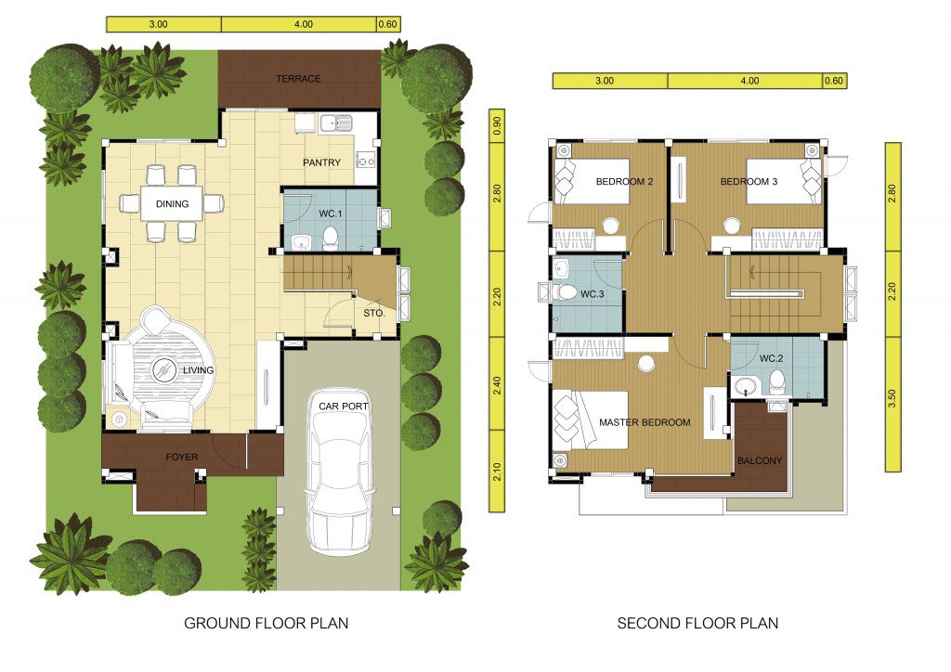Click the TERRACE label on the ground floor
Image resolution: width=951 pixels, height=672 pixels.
click(298, 79)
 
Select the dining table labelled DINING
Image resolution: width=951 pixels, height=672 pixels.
click(172, 203)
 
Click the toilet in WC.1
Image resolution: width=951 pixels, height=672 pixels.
click(331, 239)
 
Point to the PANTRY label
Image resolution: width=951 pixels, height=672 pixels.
click(321, 162)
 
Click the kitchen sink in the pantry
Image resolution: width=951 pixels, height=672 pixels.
click(335, 123)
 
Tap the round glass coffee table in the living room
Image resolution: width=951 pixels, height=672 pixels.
click(163, 369)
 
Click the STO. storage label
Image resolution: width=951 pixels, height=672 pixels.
click(373, 314)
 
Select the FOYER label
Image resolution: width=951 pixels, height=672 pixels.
click(181, 457)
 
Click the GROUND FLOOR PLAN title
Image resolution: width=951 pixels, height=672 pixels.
click(267, 623)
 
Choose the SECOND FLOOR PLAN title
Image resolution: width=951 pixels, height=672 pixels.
click(697, 623)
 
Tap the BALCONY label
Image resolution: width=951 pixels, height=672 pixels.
click(760, 460)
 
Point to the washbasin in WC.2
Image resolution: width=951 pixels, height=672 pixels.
click(747, 386)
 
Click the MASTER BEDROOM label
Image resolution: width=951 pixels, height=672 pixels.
click(645, 422)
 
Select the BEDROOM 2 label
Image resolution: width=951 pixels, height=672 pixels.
click(624, 181)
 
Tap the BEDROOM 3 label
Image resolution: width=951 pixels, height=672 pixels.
click(749, 181)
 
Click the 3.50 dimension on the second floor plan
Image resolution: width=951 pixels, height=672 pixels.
click(892, 398)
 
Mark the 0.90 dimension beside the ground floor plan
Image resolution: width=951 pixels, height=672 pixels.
click(498, 125)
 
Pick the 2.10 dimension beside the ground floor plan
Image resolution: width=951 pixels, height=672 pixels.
click(498, 472)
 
